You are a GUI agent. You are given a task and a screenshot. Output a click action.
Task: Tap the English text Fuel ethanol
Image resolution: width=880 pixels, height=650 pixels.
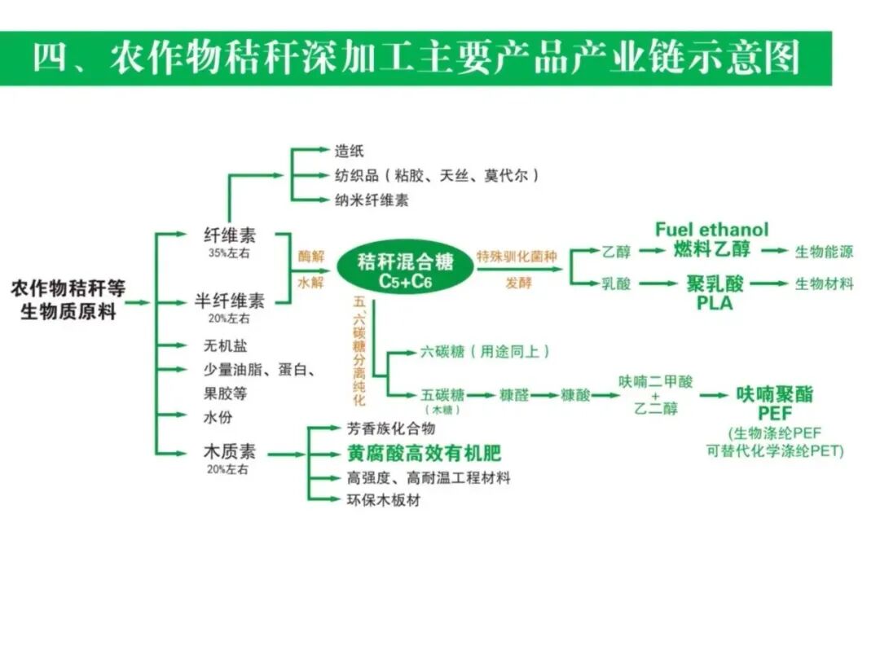pyautogui.click(x=711, y=230)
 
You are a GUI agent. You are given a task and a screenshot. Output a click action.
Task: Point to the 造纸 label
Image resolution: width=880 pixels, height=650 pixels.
pyautogui.click(x=350, y=151)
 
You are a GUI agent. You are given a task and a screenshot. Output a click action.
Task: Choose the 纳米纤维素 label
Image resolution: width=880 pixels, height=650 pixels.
pyautogui.click(x=372, y=200)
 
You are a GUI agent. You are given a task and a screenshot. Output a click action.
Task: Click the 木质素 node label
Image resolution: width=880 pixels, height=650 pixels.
pyautogui.click(x=228, y=452)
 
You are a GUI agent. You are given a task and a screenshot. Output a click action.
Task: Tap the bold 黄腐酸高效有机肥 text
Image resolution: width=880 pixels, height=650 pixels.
pyautogui.click(x=424, y=454)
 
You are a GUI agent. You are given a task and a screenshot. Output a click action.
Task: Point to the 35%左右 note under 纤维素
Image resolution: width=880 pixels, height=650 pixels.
pyautogui.click(x=227, y=253)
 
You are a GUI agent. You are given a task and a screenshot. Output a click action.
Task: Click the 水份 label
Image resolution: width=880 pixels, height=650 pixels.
pyautogui.click(x=217, y=417)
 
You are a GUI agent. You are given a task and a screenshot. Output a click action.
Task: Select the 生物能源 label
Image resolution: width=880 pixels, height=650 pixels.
pyautogui.click(x=824, y=252)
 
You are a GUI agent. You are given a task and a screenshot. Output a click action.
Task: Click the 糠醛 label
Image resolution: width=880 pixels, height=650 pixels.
pyautogui.click(x=514, y=395)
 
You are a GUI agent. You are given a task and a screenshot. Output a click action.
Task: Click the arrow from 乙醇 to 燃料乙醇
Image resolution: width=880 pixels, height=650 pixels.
pyautogui.click(x=652, y=252)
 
